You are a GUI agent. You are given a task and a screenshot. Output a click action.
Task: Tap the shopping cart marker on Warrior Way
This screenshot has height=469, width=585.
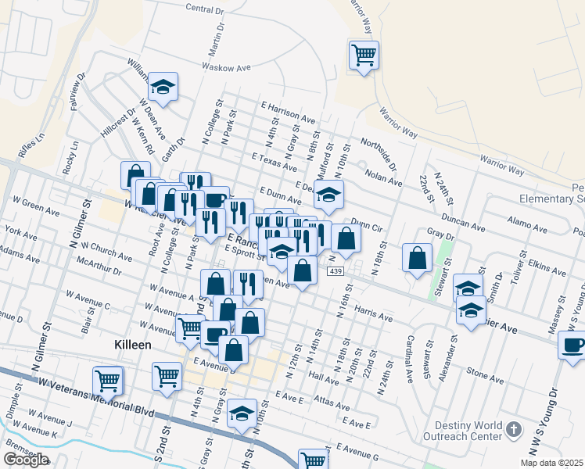tap(364, 55)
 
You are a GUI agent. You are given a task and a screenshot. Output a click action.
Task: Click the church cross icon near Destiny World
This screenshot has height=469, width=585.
tap(513, 429)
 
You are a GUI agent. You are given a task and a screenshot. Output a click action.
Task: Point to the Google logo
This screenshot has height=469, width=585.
tap(26, 460)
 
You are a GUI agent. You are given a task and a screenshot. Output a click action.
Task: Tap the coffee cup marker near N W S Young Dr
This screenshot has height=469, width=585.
tap(572, 345)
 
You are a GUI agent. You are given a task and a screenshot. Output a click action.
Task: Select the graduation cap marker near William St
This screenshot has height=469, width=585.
tap(163, 88)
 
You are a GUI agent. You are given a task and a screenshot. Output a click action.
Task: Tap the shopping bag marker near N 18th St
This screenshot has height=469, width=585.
tap(418, 257)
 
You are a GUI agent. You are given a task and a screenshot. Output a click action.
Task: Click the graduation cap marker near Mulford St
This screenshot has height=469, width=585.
tap(329, 194)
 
